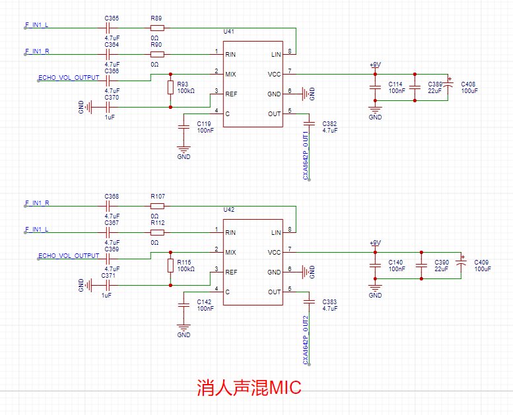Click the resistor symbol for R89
157,28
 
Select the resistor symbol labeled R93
170,87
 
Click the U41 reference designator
228,32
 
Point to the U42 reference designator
228,210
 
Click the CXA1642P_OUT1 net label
306,155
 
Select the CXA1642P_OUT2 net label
306,340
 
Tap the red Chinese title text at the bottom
249,387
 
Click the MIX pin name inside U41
230,75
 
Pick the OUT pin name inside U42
274,292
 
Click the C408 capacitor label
468,84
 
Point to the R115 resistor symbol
170,265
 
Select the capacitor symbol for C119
184,127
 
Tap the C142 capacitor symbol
184,305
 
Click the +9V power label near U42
375,243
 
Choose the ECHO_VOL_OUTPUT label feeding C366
69,77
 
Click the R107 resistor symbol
157,207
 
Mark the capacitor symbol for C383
309,302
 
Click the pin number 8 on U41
290,51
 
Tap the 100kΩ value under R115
186,269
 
